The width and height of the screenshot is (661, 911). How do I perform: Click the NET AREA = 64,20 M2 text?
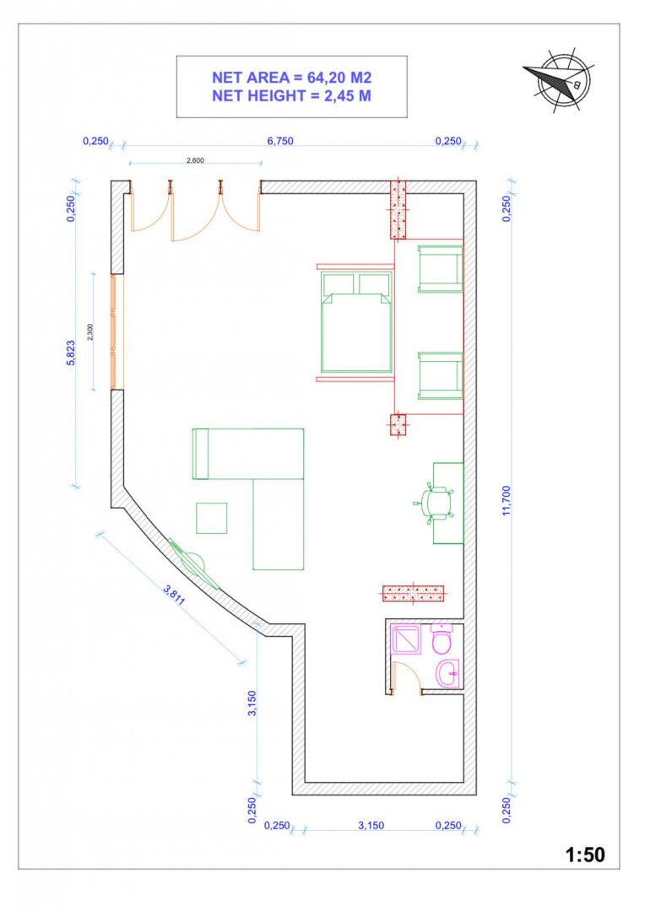click(291, 78)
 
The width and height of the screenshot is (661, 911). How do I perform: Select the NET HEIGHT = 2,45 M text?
click(291, 96)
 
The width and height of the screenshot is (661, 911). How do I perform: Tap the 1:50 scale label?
click(585, 854)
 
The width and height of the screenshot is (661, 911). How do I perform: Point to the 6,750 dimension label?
click(280, 141)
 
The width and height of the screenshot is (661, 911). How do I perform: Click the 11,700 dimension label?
click(507, 500)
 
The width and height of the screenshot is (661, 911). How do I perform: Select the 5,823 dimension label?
click(71, 353)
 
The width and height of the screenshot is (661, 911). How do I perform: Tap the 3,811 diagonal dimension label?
click(175, 595)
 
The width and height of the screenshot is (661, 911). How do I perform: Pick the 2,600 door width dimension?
click(195, 160)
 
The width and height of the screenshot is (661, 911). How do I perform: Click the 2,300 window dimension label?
click(89, 332)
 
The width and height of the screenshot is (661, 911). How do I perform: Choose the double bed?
click(356, 322)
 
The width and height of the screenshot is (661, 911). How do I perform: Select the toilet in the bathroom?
click(443, 639)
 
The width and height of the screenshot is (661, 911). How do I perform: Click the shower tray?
click(406, 639)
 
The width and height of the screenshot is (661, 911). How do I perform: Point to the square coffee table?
click(212, 518)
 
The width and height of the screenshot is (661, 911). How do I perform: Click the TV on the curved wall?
click(192, 563)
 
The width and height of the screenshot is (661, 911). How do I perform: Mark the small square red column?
click(398, 424)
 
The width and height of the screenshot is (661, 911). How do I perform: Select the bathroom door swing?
click(406, 676)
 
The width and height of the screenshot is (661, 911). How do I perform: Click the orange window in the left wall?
click(116, 332)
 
